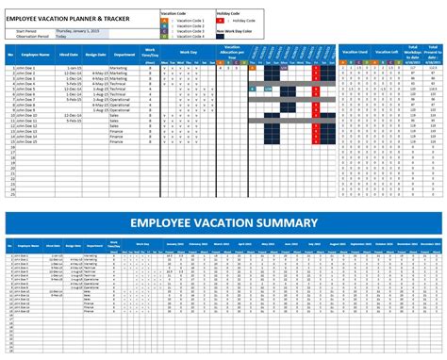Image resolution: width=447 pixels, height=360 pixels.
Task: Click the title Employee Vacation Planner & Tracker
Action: click(x=68, y=17)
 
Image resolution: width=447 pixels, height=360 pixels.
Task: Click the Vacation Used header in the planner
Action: click(x=356, y=53)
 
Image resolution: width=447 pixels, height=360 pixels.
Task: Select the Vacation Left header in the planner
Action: click(x=387, y=53)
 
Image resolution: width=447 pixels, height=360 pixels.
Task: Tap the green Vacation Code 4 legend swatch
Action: click(x=164, y=38)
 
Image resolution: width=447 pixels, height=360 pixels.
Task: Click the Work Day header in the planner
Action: click(x=189, y=53)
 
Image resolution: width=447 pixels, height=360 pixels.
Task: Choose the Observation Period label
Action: click(x=28, y=36)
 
